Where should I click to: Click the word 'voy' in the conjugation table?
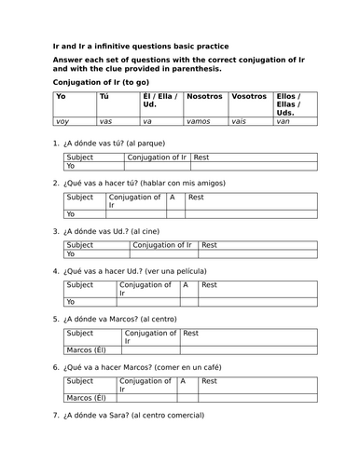[x=63, y=122]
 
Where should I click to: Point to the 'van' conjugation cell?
[x=283, y=122]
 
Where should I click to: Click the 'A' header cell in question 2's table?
[x=173, y=199]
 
